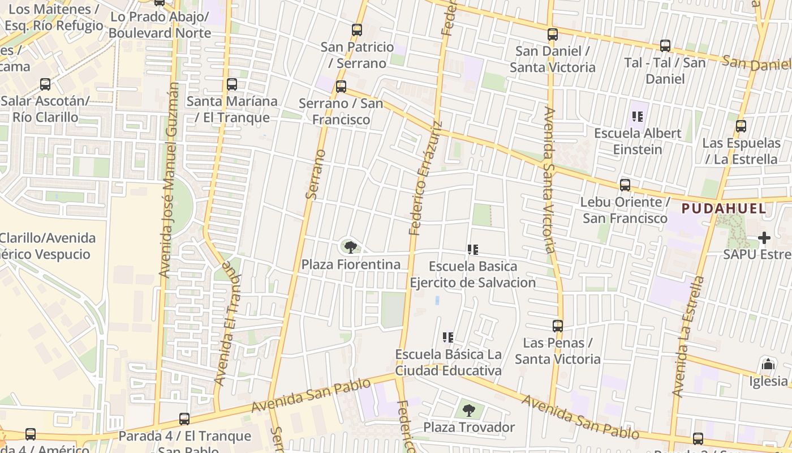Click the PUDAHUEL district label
click(724, 208)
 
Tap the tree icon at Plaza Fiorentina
click(351, 247)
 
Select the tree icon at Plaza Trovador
click(469, 410)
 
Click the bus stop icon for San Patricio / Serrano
click(357, 30)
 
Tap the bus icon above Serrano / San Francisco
click(341, 87)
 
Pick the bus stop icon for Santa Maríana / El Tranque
click(232, 84)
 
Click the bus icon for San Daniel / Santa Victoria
click(553, 35)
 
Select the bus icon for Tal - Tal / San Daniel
click(665, 46)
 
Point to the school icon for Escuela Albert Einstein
click(638, 117)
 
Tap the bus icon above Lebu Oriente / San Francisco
click(625, 185)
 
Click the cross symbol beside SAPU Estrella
click(765, 238)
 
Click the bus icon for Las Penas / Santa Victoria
click(558, 326)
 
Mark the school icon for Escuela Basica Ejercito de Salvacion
click(474, 250)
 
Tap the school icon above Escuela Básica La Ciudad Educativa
click(448, 338)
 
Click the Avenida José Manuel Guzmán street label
click(169, 180)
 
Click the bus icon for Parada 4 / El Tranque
click(184, 419)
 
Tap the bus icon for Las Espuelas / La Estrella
click(741, 126)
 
